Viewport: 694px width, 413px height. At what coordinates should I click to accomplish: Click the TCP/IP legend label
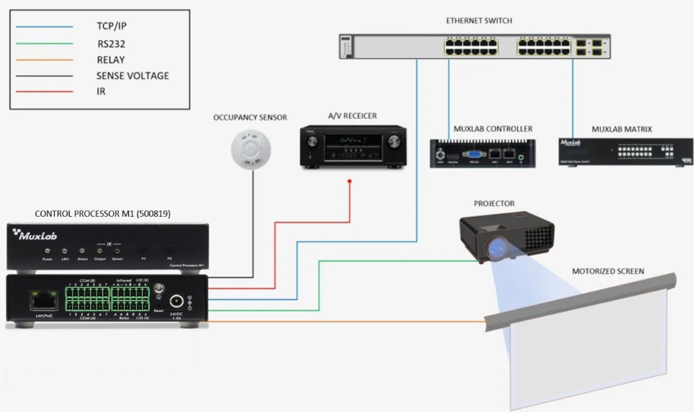click(x=111, y=26)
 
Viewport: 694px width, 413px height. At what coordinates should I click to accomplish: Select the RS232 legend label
click(x=111, y=44)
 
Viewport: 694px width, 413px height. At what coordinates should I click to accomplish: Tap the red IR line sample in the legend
click(x=44, y=91)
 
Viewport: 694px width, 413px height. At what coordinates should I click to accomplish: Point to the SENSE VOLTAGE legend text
click(x=132, y=76)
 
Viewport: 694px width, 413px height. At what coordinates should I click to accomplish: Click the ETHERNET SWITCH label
click(x=479, y=21)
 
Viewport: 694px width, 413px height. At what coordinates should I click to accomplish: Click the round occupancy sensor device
click(x=251, y=149)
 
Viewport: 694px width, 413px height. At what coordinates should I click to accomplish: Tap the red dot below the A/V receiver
click(x=350, y=181)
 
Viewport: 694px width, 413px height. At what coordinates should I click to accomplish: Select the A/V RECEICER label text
click(x=352, y=116)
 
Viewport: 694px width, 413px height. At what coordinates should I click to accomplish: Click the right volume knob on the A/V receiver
click(x=394, y=142)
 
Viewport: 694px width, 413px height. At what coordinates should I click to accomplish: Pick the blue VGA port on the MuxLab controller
click(x=474, y=154)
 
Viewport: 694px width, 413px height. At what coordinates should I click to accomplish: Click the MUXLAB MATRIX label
click(x=622, y=129)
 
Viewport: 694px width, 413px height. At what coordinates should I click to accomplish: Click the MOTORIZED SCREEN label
click(x=608, y=271)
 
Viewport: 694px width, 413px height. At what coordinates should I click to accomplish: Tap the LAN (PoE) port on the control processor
click(x=43, y=300)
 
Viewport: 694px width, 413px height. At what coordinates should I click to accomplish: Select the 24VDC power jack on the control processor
click(x=176, y=300)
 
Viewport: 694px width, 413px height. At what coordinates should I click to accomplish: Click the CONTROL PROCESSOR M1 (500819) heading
click(x=102, y=214)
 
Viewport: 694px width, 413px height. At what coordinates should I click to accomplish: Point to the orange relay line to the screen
click(x=347, y=322)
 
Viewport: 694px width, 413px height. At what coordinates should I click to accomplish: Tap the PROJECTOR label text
click(x=494, y=203)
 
